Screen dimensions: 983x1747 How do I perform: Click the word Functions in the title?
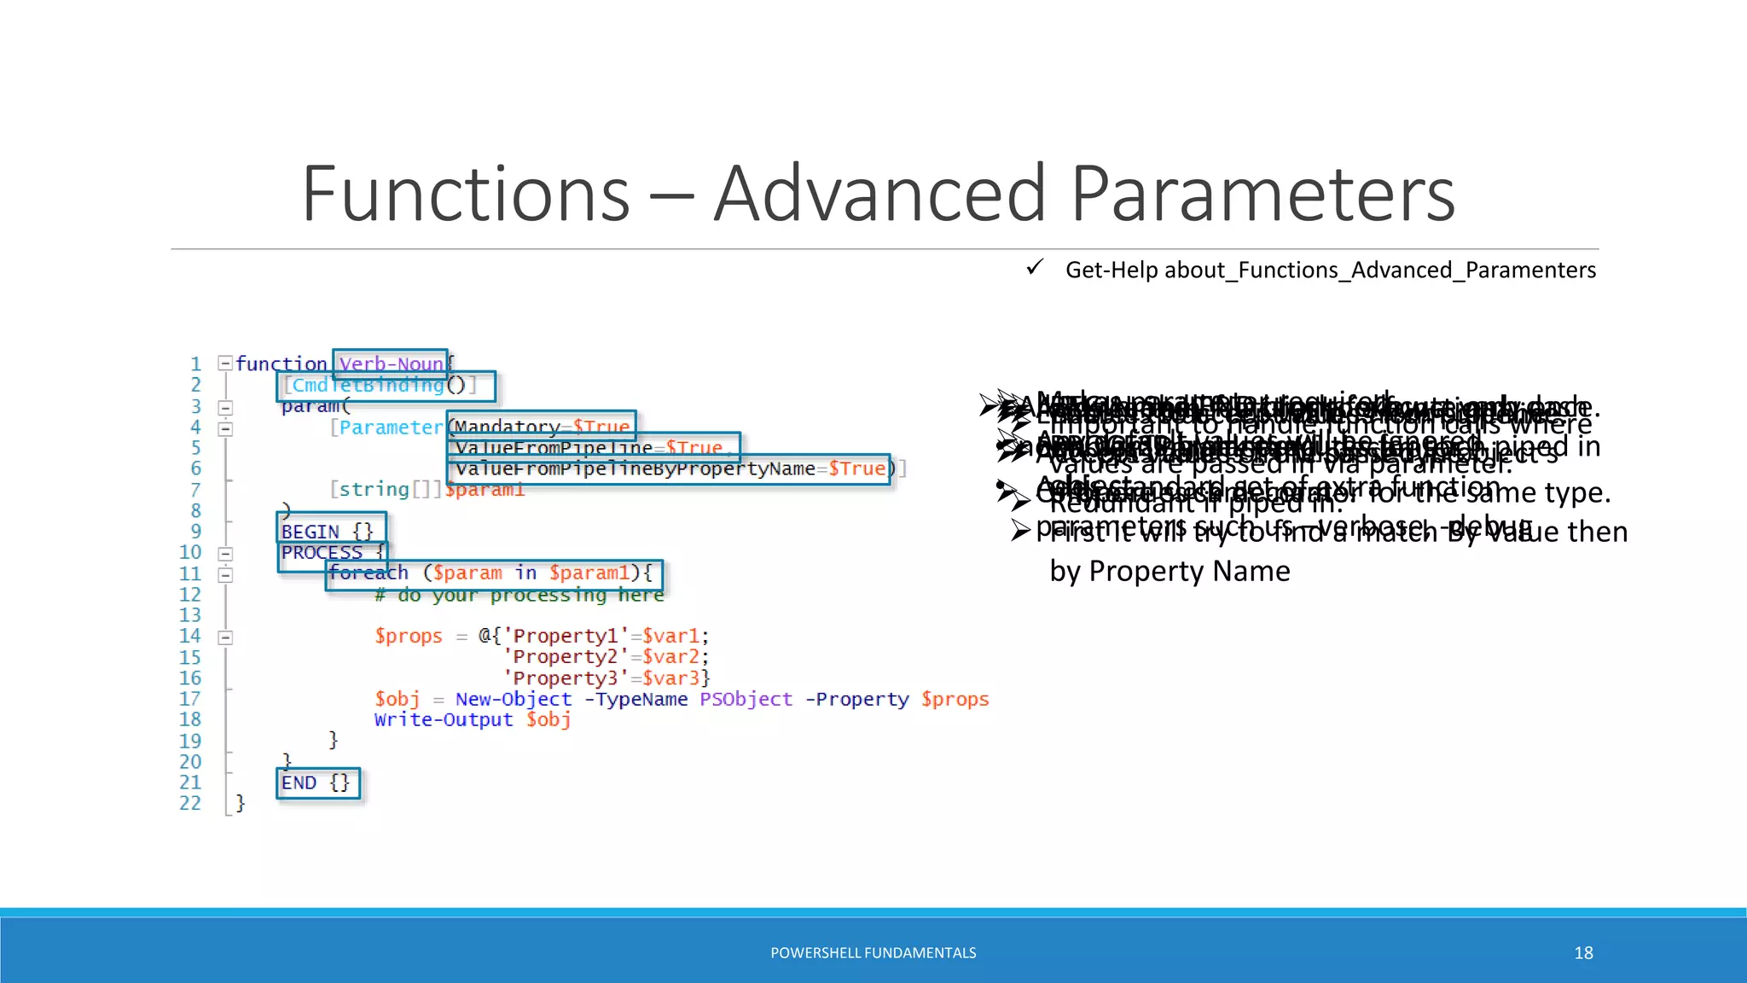pos(466,194)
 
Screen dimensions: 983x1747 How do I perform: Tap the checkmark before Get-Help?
pos(1035,268)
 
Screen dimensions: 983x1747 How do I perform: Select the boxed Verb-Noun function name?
pos(391,364)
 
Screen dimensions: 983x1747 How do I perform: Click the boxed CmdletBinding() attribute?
pos(386,386)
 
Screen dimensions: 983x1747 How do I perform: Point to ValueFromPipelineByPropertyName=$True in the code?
pos(670,469)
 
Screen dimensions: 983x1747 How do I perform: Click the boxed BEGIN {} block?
pos(329,531)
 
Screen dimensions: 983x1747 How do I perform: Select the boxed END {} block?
pos(316,782)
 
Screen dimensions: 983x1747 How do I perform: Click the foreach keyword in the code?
pos(369,573)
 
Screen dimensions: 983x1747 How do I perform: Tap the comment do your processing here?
pos(519,595)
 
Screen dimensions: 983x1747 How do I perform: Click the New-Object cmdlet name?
pos(514,699)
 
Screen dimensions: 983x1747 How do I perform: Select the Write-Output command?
pos(444,719)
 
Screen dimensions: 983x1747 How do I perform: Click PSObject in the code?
pos(746,699)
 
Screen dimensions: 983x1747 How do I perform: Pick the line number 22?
pos(190,803)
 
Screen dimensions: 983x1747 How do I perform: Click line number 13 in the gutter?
pos(190,615)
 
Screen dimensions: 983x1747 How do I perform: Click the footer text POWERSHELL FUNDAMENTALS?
pos(873,953)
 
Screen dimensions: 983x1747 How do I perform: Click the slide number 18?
pos(1583,953)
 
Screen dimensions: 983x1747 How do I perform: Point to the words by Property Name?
pos(1170,571)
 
